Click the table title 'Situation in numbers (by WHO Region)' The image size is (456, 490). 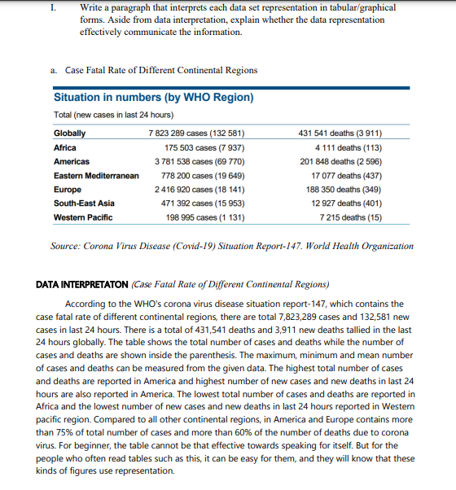tap(154, 98)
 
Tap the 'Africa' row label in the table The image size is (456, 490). tap(65, 147)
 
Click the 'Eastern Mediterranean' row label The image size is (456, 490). tap(92, 175)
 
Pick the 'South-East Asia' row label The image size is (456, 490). tap(83, 203)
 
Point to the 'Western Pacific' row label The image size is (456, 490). tap(83, 217)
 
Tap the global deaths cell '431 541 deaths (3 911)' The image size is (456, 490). tap(342, 133)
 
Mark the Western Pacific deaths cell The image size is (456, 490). tap(352, 217)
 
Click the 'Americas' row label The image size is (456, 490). tap(72, 161)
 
